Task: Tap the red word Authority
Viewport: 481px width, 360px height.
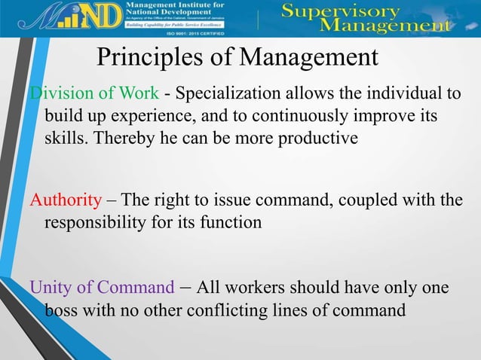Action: click(65, 201)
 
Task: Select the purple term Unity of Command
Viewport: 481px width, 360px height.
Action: click(101, 288)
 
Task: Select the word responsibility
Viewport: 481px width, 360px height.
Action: click(93, 222)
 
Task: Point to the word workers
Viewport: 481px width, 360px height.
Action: click(255, 288)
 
